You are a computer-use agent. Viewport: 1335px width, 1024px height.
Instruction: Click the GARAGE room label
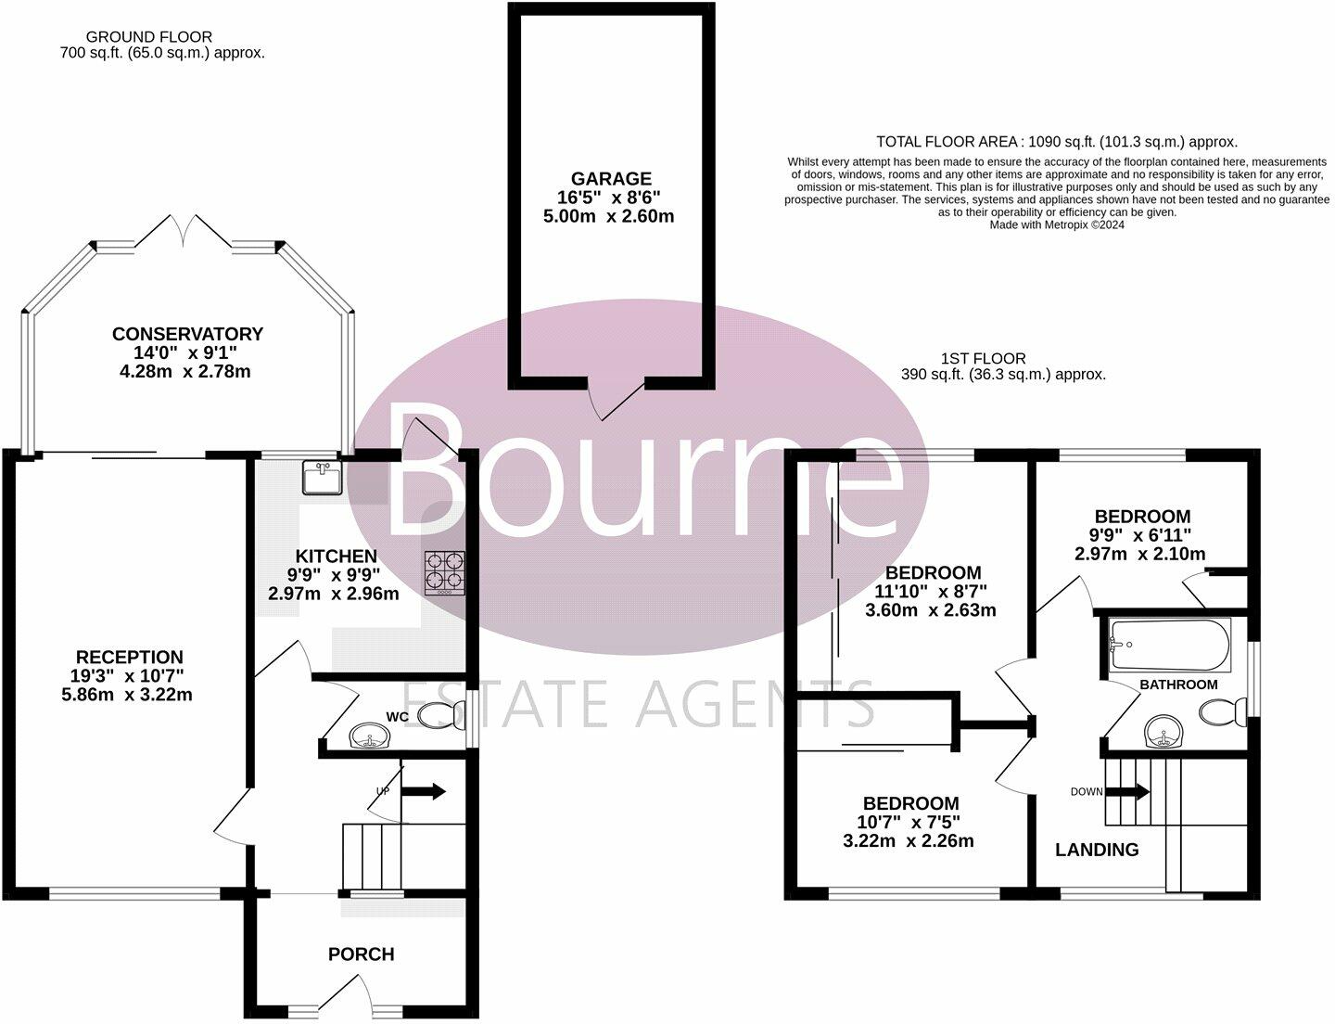click(611, 179)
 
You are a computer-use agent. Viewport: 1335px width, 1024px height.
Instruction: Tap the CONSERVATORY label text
click(187, 334)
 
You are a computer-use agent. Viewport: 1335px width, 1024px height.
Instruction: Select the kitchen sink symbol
click(322, 479)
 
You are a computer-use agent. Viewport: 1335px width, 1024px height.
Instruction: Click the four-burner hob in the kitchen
click(445, 572)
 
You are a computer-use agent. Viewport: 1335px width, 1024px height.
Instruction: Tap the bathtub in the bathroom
click(1170, 646)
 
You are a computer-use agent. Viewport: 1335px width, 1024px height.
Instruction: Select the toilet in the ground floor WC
click(442, 714)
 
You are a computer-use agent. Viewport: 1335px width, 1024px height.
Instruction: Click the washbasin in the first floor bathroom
click(1165, 733)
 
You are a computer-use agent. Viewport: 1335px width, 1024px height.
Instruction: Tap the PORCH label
click(361, 954)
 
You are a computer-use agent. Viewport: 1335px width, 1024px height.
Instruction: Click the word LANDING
click(1097, 850)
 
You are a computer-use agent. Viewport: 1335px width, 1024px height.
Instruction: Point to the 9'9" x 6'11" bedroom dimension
click(1141, 535)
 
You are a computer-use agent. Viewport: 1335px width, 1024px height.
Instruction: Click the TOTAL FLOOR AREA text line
click(1056, 142)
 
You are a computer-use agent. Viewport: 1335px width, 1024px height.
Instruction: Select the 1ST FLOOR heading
click(983, 358)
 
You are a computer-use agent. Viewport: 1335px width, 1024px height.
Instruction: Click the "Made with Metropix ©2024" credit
click(1057, 224)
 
